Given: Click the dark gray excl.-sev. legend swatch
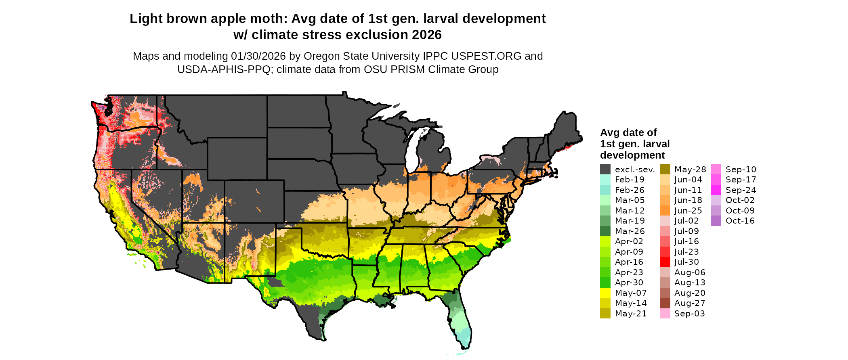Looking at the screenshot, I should [605, 170].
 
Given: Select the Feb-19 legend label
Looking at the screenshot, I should [630, 180].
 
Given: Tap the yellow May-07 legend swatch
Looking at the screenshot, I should [605, 293].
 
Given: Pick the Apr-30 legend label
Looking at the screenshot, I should [629, 283].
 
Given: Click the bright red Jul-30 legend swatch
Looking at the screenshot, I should [665, 262].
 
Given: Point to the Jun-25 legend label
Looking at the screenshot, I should [688, 211].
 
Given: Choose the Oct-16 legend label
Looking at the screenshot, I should [740, 221].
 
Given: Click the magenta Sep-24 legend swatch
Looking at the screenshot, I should [716, 190].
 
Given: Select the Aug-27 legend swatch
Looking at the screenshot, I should [665, 303].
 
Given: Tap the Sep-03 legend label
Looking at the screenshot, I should [689, 314].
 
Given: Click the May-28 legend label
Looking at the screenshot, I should [690, 170].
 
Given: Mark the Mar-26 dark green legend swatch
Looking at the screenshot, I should [605, 231].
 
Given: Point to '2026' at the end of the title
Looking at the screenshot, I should [427, 35].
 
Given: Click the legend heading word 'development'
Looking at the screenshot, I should [632, 155].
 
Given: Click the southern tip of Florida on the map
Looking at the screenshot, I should [465, 346].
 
